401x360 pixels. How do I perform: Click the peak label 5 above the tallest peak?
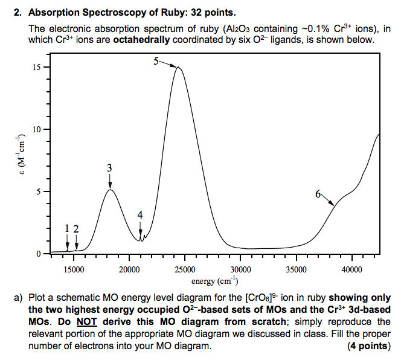point(156,61)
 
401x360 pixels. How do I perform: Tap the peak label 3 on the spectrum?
point(109,167)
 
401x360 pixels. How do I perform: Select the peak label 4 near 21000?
point(140,215)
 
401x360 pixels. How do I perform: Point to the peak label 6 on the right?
point(318,194)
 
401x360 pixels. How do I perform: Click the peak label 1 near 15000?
point(67,228)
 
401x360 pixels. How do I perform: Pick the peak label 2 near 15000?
point(76,228)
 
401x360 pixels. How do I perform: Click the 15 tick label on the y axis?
point(37,67)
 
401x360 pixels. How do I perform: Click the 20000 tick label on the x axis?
point(129,269)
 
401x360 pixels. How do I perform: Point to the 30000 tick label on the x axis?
point(240,269)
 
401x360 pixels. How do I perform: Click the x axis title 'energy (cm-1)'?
point(215,281)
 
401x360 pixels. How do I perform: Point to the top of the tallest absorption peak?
point(178,67)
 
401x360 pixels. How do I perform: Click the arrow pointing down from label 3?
point(109,181)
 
